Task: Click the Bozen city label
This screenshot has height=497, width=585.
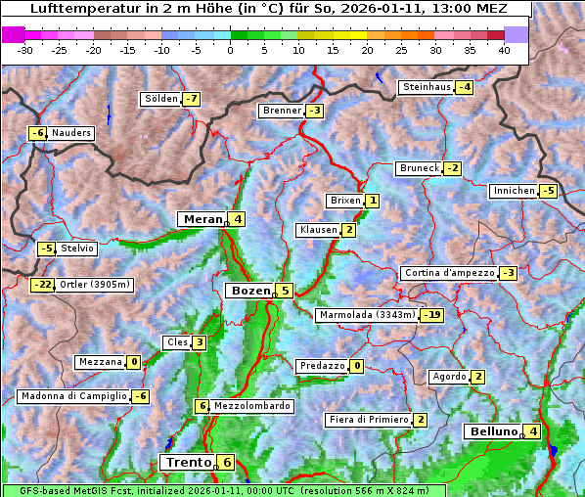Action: (248, 291)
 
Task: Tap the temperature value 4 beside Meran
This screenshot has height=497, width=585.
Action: (237, 219)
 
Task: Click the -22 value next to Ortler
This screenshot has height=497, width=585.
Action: (43, 285)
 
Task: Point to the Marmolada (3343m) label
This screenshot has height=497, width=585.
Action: (367, 315)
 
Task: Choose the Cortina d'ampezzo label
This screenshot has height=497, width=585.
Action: (448, 273)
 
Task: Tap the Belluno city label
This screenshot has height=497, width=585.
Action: (492, 431)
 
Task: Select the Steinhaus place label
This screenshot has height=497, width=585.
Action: (427, 87)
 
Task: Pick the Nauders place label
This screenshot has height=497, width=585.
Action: (71, 133)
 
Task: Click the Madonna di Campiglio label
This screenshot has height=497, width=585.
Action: (73, 396)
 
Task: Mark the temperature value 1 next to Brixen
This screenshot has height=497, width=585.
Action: (373, 201)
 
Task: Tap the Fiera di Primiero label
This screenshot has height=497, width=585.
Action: (368, 420)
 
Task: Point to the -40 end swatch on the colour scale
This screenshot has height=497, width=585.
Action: (13, 34)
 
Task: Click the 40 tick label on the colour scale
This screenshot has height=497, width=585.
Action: (504, 50)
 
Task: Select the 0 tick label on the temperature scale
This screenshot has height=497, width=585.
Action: (231, 50)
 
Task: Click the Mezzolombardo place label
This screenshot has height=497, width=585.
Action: (251, 406)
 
